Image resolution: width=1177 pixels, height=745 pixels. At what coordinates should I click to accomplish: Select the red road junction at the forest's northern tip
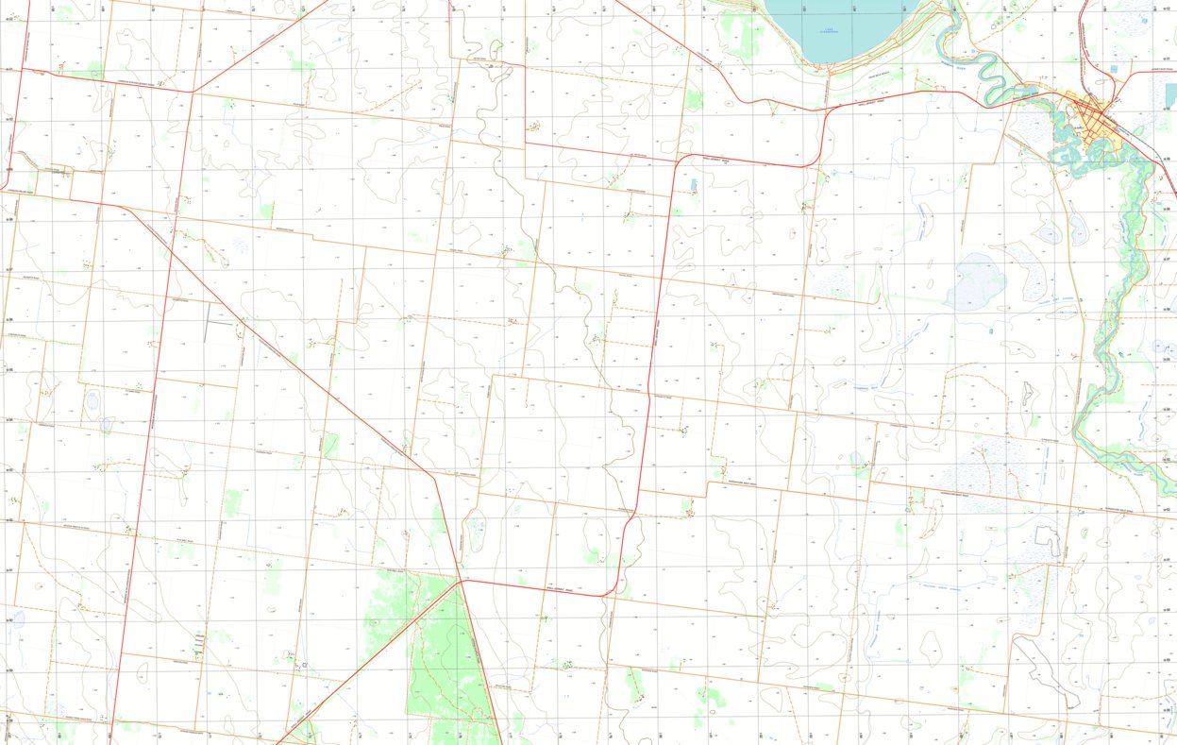[x=462, y=581]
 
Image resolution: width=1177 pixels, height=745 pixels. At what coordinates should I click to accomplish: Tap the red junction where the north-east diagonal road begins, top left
[x=193, y=92]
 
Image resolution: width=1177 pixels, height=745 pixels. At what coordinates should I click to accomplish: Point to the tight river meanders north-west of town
[x=986, y=68]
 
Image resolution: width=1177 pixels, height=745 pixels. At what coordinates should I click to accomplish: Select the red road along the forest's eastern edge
[x=481, y=661]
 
